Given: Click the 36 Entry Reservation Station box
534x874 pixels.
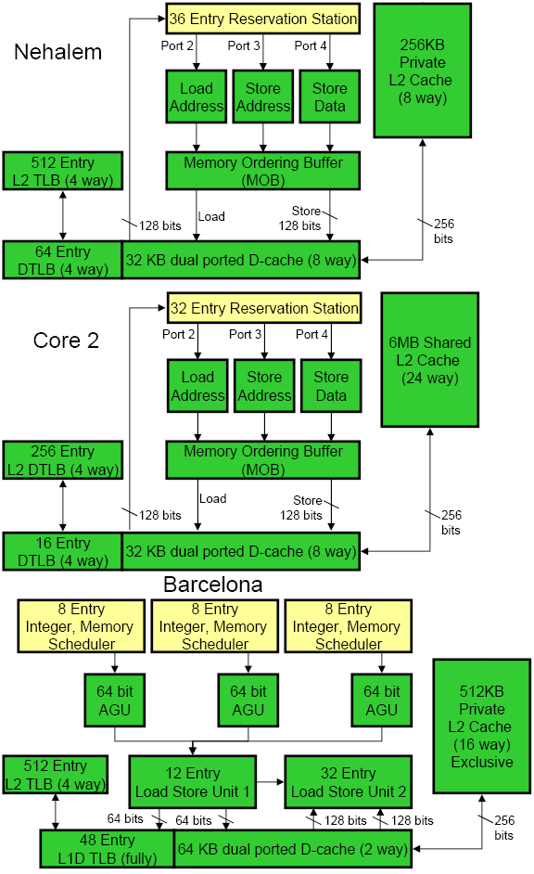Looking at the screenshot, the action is [x=262, y=19].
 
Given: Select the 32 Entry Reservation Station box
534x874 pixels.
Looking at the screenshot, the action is [x=264, y=308].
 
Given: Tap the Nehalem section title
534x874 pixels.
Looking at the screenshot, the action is [x=57, y=52].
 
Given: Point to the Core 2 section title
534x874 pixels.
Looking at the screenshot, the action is [x=66, y=340].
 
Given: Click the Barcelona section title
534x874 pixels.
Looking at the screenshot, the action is [x=212, y=585].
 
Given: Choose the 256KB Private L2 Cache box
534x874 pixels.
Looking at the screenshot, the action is [x=423, y=71].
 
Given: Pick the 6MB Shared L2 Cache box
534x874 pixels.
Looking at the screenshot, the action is [x=430, y=360].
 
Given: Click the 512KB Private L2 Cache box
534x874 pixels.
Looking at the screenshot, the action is [x=482, y=726].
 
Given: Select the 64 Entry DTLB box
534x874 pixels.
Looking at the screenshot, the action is [x=62, y=261].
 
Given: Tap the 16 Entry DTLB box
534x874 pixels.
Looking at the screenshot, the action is [x=62, y=551].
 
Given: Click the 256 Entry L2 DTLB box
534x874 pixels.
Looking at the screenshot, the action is [x=62, y=460].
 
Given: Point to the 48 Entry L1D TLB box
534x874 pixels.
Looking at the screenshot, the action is [x=108, y=849].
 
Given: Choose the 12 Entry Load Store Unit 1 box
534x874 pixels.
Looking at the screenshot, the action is [x=193, y=782].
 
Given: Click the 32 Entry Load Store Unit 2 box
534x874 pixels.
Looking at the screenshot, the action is [x=349, y=782].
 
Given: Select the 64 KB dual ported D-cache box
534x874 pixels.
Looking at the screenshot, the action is [x=293, y=849].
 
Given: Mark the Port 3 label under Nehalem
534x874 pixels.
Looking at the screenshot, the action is [x=244, y=45].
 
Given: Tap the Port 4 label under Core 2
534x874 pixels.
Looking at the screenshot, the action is [x=311, y=334].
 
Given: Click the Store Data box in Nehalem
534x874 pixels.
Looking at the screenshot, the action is [x=330, y=96].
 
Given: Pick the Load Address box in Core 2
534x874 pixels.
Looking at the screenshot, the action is [x=197, y=386].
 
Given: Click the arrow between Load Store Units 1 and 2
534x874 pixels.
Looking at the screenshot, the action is [x=271, y=782].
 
